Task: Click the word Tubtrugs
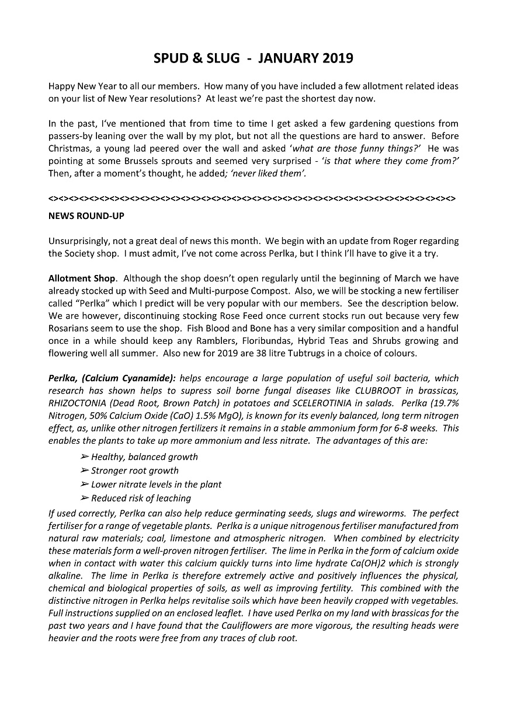click(x=349, y=354)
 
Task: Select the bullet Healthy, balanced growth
click(x=144, y=457)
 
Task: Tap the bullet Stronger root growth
click(x=135, y=471)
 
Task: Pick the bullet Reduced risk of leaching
click(x=141, y=498)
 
